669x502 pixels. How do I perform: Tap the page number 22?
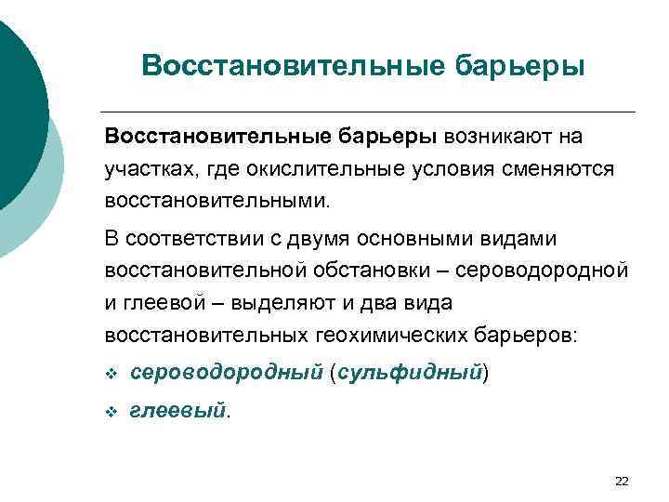[x=622, y=480]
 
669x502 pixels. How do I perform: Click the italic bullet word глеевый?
[x=177, y=410]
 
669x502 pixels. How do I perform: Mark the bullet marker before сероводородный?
[x=111, y=374]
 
